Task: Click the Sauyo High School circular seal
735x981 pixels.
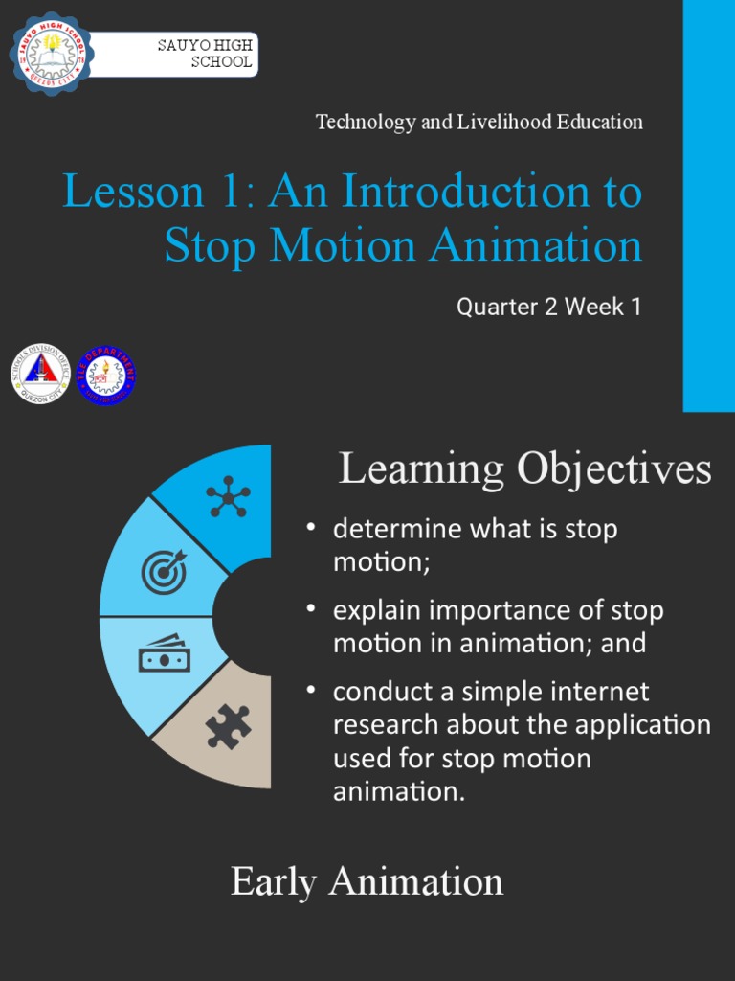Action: [x=51, y=54]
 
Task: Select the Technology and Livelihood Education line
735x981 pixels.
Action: [x=479, y=122]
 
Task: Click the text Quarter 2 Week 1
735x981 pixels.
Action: [x=548, y=308]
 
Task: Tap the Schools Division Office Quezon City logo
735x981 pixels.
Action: [x=40, y=374]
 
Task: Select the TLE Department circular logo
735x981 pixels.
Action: [x=105, y=375]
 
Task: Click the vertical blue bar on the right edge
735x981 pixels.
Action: [x=708, y=206]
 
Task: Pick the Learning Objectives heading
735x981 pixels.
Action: [x=525, y=469]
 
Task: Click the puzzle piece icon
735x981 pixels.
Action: [x=228, y=726]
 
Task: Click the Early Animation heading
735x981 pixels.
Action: [x=367, y=881]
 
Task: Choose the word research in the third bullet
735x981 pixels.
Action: [x=386, y=725]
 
